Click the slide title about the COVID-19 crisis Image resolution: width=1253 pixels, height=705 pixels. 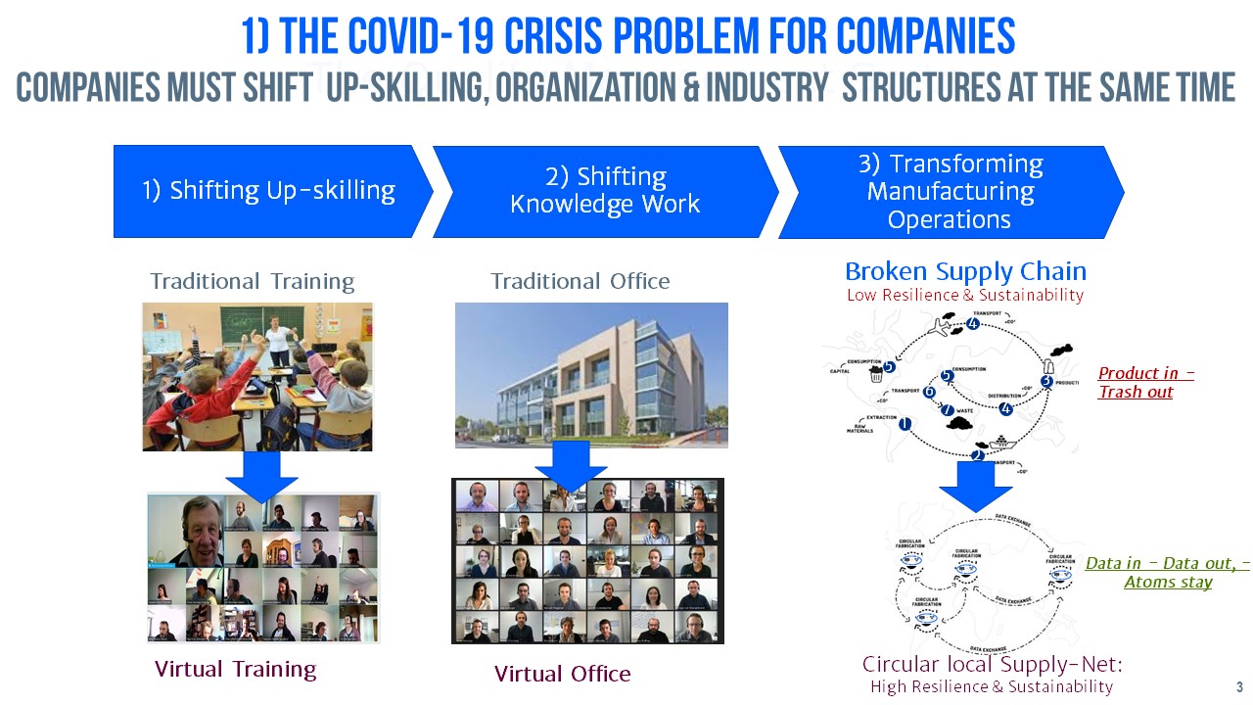point(626,36)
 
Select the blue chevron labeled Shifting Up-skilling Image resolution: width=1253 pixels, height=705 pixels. point(269,191)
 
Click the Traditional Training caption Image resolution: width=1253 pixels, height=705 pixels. point(252,282)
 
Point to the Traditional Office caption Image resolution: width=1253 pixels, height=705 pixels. point(580,282)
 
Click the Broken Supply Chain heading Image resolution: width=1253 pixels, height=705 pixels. point(965,271)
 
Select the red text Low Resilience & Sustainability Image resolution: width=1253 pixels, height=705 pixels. point(965,295)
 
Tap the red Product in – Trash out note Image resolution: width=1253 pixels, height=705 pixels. point(1145,383)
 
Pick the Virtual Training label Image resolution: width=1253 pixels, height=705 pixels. point(235,670)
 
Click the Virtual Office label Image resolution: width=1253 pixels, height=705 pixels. point(562,674)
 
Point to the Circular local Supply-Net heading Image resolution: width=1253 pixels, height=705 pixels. point(992,664)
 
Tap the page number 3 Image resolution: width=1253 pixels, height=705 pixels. point(1239,686)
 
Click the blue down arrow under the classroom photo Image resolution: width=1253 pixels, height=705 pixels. point(261,475)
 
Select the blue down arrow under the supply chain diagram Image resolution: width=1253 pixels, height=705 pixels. point(975,486)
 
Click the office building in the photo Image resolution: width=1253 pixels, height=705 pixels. point(578,382)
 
